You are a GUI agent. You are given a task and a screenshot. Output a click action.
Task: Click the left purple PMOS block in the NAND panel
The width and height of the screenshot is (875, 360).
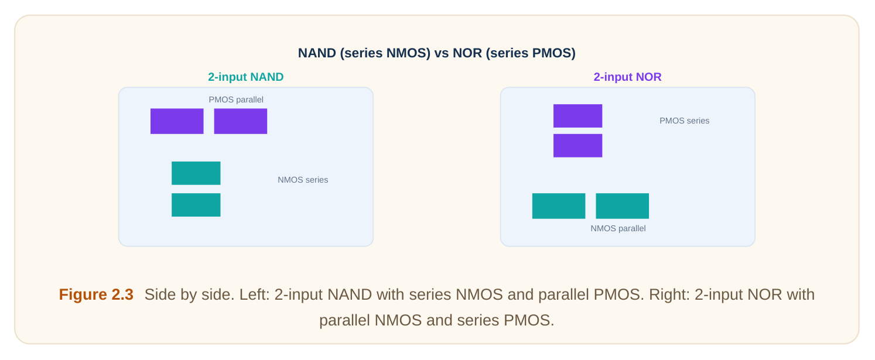[177, 121]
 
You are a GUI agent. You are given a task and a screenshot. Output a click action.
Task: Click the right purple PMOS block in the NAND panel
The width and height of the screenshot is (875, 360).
[241, 121]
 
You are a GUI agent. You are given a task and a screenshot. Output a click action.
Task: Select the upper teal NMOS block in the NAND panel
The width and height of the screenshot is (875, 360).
[196, 173]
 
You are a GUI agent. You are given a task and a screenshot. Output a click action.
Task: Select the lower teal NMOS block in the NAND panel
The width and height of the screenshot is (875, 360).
[196, 205]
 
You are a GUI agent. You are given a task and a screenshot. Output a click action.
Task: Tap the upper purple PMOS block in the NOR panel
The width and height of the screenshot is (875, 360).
[577, 115]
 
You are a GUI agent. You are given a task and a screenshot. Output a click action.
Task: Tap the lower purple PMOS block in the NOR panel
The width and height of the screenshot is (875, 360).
[577, 146]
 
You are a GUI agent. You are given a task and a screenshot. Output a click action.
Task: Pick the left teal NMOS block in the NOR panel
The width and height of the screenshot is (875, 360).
[559, 206]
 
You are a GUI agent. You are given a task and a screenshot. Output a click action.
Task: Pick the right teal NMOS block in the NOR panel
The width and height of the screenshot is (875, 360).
[622, 206]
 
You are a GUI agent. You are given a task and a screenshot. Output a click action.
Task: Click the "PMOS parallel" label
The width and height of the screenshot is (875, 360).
[236, 100]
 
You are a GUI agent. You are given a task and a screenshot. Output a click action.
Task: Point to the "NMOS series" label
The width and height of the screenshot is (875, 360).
[303, 180]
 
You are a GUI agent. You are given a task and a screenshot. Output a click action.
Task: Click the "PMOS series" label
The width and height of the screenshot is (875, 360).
[685, 121]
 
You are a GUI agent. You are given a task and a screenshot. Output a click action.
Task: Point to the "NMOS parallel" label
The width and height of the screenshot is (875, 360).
[618, 228]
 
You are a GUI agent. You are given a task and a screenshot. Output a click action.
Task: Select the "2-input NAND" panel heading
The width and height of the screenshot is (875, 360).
[246, 77]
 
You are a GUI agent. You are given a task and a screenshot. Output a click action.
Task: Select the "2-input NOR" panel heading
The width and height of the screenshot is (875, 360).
[627, 77]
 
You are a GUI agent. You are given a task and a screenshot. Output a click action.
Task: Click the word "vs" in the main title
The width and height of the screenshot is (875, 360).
[442, 53]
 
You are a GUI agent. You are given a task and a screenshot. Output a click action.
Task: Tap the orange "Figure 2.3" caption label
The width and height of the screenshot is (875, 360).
[96, 294]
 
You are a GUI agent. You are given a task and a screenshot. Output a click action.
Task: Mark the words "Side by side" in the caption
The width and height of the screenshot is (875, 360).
[189, 294]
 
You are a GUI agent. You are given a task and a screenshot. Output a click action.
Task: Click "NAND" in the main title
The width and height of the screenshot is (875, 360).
[317, 53]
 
